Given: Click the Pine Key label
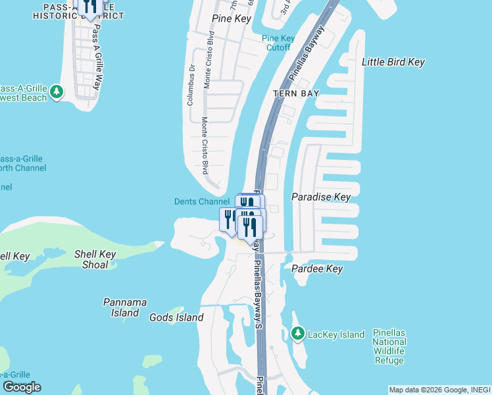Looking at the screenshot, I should point(232,18).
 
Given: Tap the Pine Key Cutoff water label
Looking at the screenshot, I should point(278,43).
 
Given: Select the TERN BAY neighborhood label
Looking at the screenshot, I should point(296,93).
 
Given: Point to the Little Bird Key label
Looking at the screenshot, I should point(393,62).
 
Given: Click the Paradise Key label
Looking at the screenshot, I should point(321,197).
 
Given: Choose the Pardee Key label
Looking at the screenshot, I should point(317,269).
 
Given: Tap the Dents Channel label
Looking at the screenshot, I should point(201,201).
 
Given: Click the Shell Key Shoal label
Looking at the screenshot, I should point(95,259).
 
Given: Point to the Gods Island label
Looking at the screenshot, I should point(176,317).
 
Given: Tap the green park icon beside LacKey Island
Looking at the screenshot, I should point(297,334).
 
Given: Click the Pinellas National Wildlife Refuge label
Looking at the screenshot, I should point(389,346).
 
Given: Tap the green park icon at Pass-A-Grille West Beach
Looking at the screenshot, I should point(57,92).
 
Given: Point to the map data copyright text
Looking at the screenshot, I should point(439,390).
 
